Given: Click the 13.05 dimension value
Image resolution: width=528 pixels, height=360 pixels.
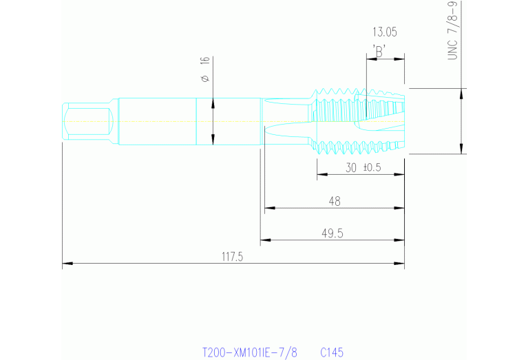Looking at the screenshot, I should click(x=384, y=32).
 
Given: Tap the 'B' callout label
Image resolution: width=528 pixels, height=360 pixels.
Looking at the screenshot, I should click(x=379, y=51).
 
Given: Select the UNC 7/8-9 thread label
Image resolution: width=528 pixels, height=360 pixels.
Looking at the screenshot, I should click(x=452, y=30).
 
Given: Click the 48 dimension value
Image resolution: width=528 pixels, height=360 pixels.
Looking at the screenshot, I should click(x=335, y=201).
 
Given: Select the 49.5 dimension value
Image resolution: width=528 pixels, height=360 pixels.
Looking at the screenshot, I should click(x=332, y=233).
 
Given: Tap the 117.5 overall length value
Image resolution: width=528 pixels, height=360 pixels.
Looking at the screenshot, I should click(x=233, y=257).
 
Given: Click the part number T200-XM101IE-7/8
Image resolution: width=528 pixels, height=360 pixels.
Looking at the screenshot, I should click(x=250, y=352).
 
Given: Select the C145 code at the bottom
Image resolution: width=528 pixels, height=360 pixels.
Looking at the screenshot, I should click(x=331, y=352).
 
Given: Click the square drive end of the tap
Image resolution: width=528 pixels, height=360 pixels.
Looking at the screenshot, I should click(x=87, y=123).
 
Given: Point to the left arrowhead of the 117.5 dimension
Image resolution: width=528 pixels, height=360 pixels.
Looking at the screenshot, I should click(x=66, y=264).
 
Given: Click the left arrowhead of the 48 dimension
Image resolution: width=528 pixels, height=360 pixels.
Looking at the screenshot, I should click(x=268, y=207).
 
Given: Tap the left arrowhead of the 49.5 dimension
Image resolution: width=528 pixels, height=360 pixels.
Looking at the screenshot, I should click(x=264, y=240).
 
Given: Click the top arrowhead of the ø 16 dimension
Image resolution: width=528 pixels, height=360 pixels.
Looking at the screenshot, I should click(x=213, y=102).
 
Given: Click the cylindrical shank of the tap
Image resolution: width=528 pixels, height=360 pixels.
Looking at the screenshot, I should click(x=158, y=122).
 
